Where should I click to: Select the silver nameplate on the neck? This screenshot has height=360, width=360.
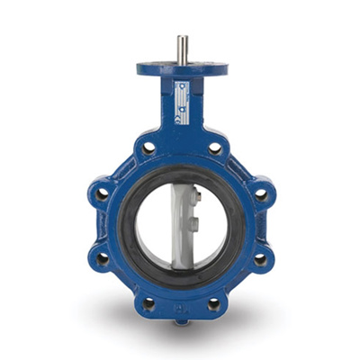coord(182,100)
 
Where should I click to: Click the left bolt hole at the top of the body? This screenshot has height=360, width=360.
coord(148,148)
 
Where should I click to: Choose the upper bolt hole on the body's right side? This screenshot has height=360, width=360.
coord(260,193)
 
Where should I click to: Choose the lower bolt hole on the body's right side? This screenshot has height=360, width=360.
coord(260,259)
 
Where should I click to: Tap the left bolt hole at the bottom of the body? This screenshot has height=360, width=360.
coord(148,303)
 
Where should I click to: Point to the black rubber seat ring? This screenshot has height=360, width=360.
coord(131,225)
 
